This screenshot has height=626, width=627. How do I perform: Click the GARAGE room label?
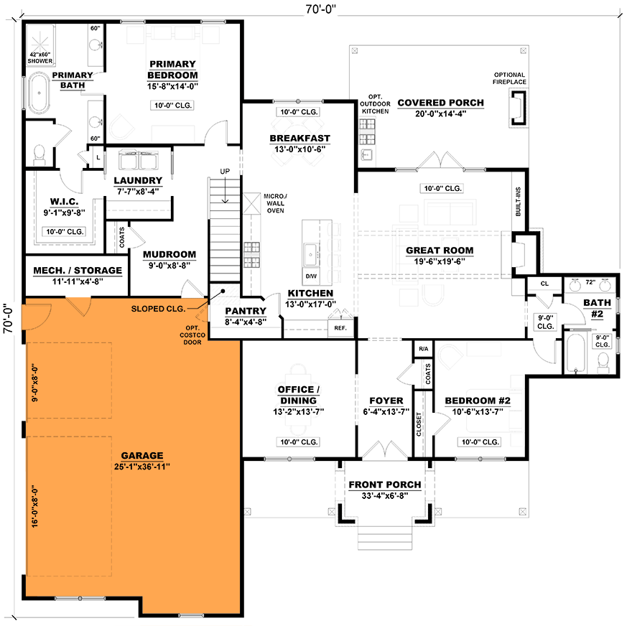click(x=141, y=455)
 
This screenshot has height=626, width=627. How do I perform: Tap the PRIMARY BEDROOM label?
click(x=172, y=70)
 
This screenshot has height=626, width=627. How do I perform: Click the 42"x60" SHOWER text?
click(x=40, y=57)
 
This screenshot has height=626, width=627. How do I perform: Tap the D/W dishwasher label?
click(x=311, y=276)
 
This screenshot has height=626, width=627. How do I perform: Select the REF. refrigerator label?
click(x=340, y=328)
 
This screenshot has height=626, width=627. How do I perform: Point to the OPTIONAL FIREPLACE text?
click(x=509, y=78)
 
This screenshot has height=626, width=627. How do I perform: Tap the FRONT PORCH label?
click(x=385, y=485)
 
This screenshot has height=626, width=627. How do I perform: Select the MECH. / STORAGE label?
click(x=78, y=271)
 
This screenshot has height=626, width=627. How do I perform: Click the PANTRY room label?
click(x=246, y=311)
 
